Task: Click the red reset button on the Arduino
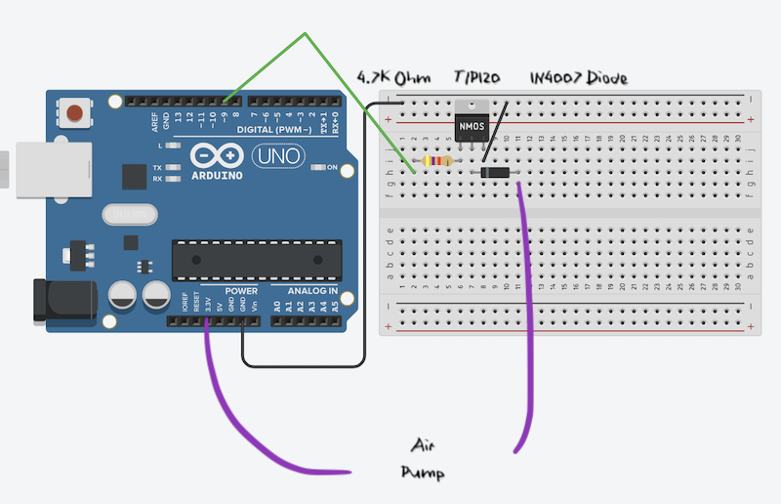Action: coord(74,110)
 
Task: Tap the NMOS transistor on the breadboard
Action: coord(472,126)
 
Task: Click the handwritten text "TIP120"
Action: coord(478,77)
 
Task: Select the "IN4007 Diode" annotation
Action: coord(578,77)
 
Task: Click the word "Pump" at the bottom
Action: coord(423,474)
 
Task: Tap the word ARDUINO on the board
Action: coord(217,176)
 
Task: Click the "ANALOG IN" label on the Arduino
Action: coord(312,291)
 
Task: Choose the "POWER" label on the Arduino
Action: coord(241,291)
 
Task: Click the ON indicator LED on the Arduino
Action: coord(317,168)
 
